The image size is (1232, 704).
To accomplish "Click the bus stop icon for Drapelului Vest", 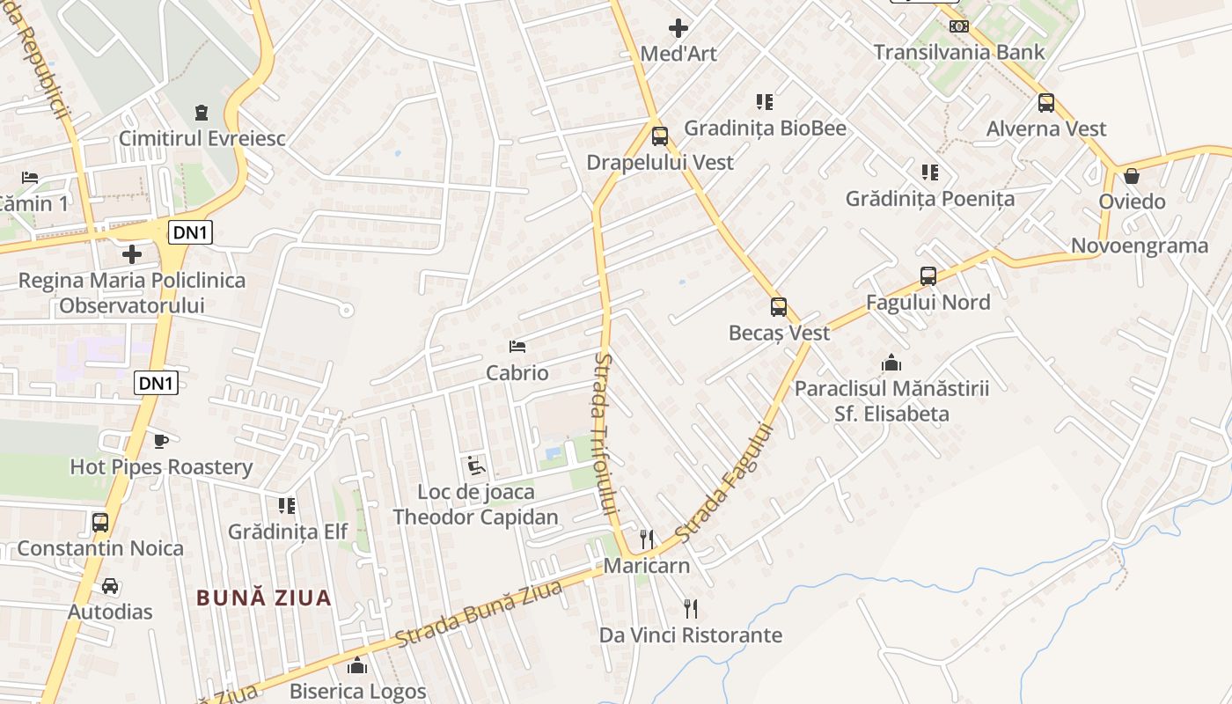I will click(x=660, y=136).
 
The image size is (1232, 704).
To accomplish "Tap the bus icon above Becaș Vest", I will click(x=779, y=307).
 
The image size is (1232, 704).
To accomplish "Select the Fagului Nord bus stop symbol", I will click(x=928, y=276).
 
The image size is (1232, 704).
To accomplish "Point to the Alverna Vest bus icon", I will click(x=1046, y=103).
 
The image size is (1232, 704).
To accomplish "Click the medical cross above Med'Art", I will click(x=678, y=28).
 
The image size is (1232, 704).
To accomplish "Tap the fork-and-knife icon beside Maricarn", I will click(x=647, y=539).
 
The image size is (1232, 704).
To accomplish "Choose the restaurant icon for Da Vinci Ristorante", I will click(x=691, y=608).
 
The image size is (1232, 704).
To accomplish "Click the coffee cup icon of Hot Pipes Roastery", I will click(x=161, y=441).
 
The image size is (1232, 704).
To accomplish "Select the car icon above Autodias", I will click(x=110, y=586).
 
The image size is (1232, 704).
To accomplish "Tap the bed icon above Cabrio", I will click(x=517, y=347).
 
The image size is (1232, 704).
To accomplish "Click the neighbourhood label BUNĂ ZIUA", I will click(x=264, y=598).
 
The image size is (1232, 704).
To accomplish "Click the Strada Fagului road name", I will click(x=725, y=484).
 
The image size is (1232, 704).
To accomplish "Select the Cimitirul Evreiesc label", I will click(x=202, y=138).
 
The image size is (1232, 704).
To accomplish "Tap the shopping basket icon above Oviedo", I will click(x=1132, y=176).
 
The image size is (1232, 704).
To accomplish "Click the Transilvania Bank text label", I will click(x=959, y=52).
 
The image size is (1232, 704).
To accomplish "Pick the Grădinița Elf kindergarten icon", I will click(x=287, y=506).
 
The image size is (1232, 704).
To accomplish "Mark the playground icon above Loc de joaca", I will click(x=476, y=466).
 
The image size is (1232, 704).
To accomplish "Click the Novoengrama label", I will click(x=1140, y=246).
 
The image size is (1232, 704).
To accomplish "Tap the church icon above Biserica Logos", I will click(x=357, y=665).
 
